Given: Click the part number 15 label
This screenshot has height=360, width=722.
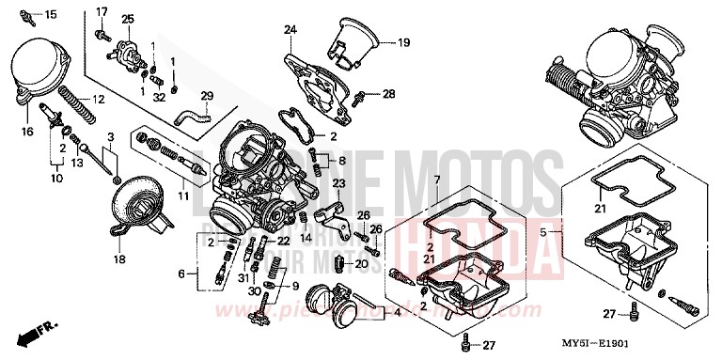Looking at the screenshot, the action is pyautogui.click(x=51, y=14).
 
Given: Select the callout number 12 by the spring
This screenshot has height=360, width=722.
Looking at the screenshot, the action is pyautogui.click(x=98, y=100).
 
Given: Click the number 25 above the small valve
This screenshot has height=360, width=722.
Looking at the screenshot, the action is pyautogui.click(x=128, y=19).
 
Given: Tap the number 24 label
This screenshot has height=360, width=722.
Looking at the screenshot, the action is pyautogui.click(x=290, y=30).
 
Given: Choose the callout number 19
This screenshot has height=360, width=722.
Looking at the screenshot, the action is pyautogui.click(x=403, y=42).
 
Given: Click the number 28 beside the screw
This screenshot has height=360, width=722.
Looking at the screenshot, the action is pyautogui.click(x=388, y=93).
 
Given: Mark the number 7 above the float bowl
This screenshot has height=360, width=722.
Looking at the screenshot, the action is pyautogui.click(x=436, y=179).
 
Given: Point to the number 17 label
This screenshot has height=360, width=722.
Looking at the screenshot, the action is pyautogui.click(x=102, y=11).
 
